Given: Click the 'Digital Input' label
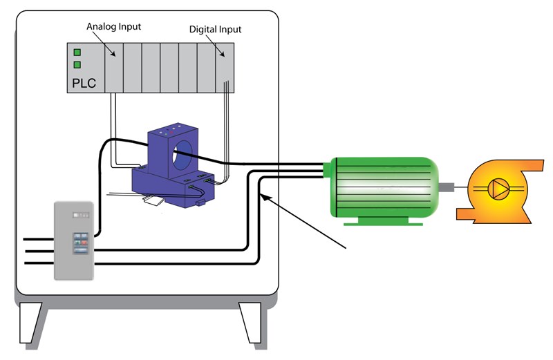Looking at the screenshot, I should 216,30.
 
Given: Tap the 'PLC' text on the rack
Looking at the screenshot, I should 84,84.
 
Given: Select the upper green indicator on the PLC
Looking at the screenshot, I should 77,52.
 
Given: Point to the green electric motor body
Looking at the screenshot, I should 384,187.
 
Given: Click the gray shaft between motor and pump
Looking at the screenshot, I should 449,187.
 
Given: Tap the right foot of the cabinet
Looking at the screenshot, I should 250,323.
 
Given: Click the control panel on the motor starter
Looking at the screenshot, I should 79,243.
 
